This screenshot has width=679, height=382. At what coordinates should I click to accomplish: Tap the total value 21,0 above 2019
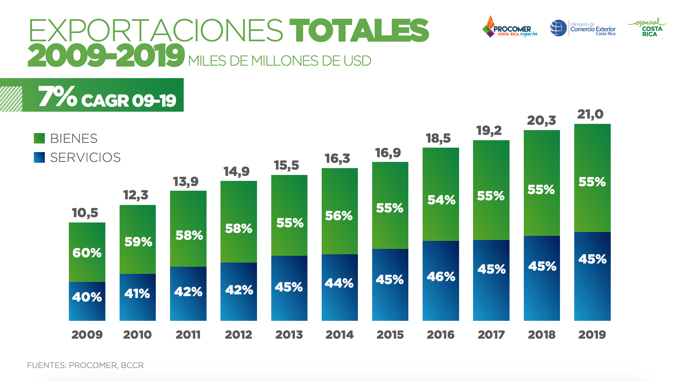pos(590,114)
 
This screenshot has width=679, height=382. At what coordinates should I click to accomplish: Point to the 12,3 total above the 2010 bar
pos(136,195)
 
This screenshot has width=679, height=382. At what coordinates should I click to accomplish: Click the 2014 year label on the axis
pos(339,335)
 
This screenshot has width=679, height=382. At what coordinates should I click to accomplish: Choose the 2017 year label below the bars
pos(491,335)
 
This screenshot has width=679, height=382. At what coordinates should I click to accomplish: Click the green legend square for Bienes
pos(39,138)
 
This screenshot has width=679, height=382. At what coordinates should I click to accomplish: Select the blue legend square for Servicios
pos(39,157)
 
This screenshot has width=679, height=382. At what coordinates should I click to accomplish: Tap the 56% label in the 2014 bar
pos(339,216)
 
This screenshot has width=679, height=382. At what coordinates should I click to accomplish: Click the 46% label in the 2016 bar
pos(441,277)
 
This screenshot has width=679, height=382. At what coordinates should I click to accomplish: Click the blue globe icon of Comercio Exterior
pos(558,28)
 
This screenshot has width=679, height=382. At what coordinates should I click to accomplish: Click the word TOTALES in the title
pos(359,30)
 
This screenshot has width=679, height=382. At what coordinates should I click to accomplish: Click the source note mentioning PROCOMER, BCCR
pos(85,365)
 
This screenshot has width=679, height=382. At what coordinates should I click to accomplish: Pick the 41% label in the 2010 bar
pos(137,294)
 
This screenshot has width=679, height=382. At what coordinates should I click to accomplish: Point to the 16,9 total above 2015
pos(388,153)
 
